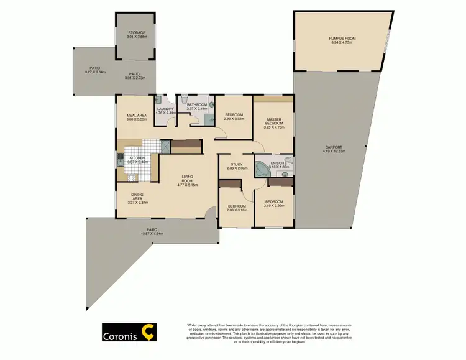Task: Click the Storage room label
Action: [x=137, y=32]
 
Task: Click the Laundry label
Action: [x=165, y=109]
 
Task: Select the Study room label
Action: [x=237, y=165]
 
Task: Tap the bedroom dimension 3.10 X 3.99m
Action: [x=274, y=205]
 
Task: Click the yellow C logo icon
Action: [x=149, y=334]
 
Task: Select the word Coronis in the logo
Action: [x=120, y=338]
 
